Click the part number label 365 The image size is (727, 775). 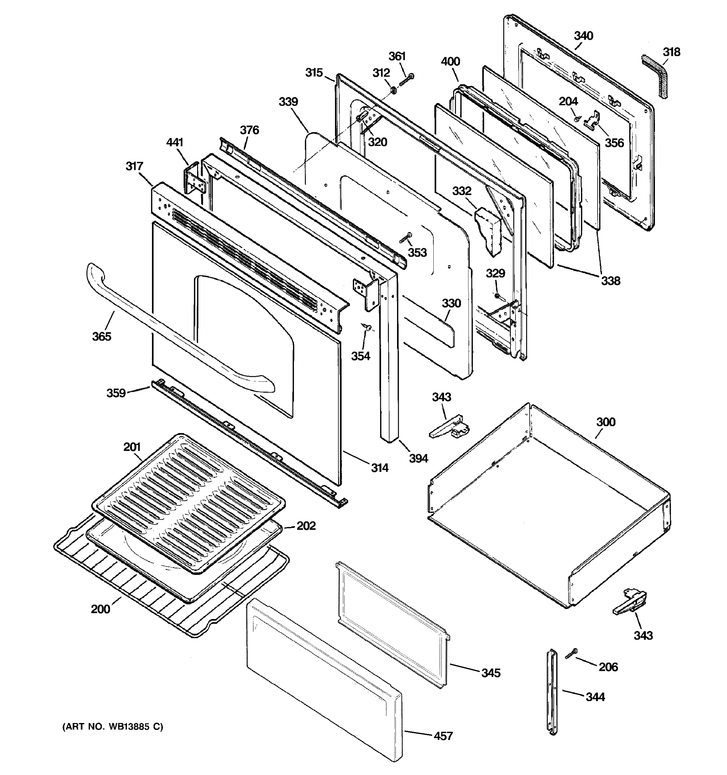pyautogui.click(x=101, y=336)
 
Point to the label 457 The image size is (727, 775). pyautogui.click(x=443, y=736)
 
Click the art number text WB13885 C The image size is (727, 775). pyautogui.click(x=113, y=727)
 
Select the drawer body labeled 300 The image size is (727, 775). pyautogui.click(x=546, y=507)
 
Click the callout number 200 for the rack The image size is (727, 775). pyautogui.click(x=100, y=609)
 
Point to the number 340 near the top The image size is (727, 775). pyautogui.click(x=584, y=36)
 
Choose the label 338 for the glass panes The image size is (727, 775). pyautogui.click(x=610, y=280)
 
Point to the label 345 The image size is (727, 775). pyautogui.click(x=490, y=673)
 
